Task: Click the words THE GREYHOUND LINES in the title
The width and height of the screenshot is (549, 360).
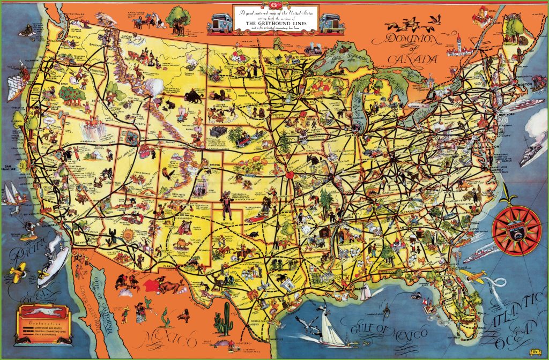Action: [x=275, y=23]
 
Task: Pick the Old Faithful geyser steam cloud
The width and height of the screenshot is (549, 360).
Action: [x=156, y=86]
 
